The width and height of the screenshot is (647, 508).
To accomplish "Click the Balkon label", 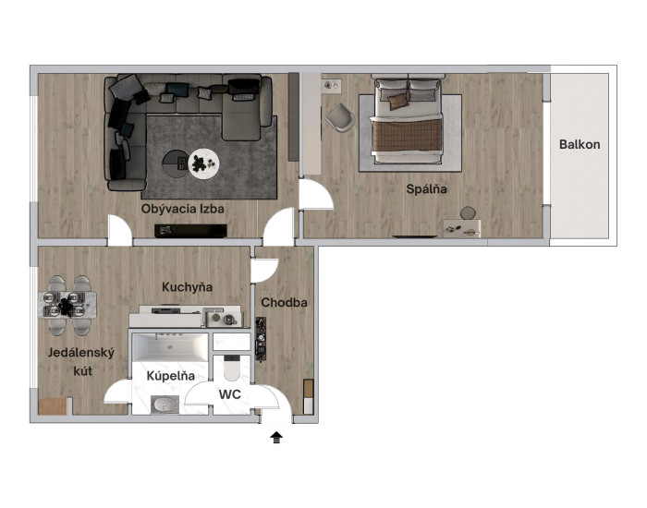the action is coord(580,145).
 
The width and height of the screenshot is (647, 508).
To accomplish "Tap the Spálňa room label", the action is coord(426,189).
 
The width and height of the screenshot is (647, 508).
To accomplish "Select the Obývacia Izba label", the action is coord(183,209).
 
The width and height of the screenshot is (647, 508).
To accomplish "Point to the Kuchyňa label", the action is coord(187,287).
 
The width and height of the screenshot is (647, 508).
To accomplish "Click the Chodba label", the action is coord(285,303).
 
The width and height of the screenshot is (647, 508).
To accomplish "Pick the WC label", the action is coord(230,394).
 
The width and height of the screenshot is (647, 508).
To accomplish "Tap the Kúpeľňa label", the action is coord(170,376).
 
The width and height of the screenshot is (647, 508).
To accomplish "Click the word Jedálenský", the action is coord(81,353).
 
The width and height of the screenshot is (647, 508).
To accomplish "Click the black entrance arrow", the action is coord(276,438).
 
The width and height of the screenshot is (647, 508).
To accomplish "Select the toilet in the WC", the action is coord(231,368).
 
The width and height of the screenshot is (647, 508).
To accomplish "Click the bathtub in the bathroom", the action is coord(170,347).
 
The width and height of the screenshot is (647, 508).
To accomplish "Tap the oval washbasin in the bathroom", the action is coord(165,405).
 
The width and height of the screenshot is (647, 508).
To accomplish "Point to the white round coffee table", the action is coord(203,163).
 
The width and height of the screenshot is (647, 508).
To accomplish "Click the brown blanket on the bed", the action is coord(407,135).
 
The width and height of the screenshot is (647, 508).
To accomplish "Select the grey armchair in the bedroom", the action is coord(341,117).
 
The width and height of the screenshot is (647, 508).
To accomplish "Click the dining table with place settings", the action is coord(67,305).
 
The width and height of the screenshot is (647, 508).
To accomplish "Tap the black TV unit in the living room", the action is coord(190,231).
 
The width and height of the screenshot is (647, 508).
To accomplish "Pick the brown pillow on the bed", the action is coord(397,102).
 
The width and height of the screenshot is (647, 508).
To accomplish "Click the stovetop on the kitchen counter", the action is coord(165,310).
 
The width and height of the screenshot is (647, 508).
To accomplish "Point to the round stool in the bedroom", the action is coord(468,212).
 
